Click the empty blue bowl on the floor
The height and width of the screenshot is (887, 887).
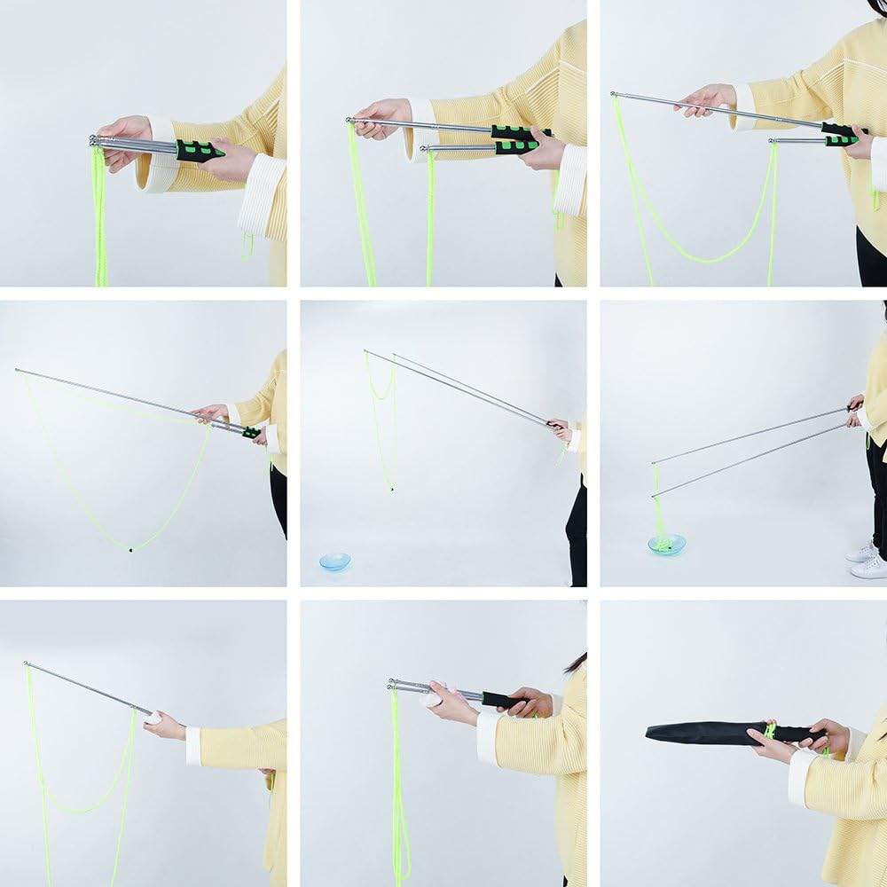point(334,561)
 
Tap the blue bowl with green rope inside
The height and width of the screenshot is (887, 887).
point(666,544)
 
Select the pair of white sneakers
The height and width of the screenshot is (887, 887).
point(867,560)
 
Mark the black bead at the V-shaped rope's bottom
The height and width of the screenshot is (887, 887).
point(130,550)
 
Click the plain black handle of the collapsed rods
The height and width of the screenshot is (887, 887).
point(502,699)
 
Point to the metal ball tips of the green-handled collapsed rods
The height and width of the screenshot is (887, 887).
point(94,140)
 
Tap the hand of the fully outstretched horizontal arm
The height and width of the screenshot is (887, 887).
point(164,725)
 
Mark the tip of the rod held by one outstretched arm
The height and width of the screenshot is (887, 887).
point(27,663)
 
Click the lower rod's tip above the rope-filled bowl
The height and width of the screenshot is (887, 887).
point(655,494)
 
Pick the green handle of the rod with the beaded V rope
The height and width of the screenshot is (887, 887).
point(252,433)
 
